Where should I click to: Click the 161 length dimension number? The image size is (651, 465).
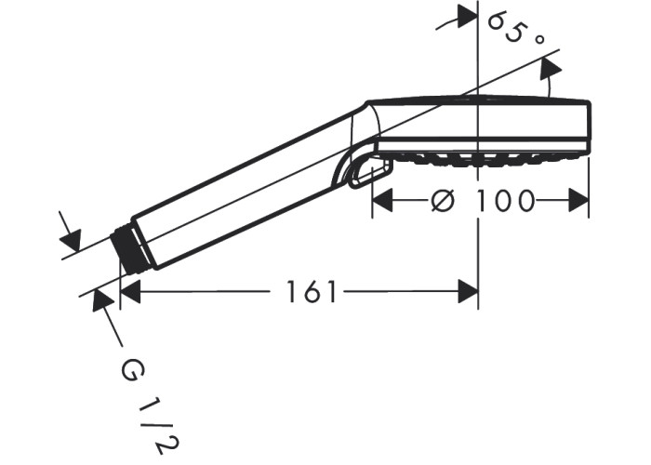[x=311, y=291]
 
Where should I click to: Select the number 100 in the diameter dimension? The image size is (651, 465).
[x=504, y=201]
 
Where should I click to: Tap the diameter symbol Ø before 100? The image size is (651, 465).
[x=443, y=201]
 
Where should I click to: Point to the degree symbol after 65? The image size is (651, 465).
[x=538, y=40]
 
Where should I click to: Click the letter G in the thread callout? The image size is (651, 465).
[x=130, y=372]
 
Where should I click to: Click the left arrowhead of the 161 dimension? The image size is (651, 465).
[x=130, y=291]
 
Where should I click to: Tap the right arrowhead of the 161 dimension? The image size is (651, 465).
[x=468, y=291]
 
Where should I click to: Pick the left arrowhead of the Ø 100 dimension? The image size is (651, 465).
[x=382, y=201]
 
